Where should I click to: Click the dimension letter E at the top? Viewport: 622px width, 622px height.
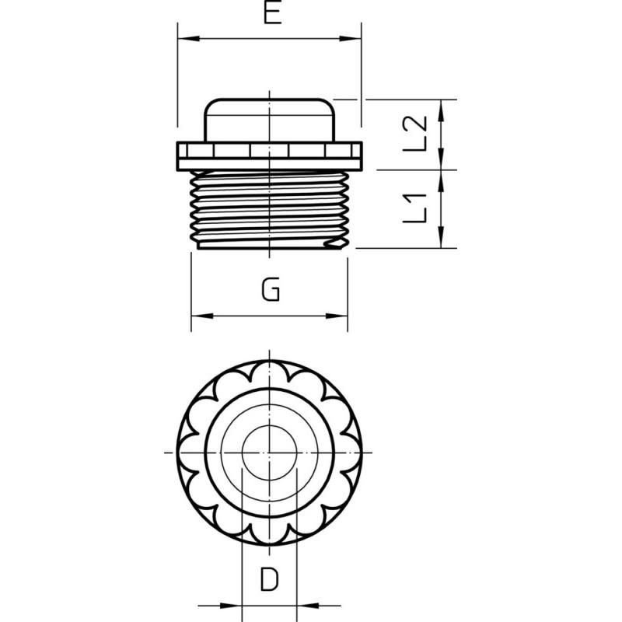coord(271,14)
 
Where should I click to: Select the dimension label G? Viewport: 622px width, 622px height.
coord(271,291)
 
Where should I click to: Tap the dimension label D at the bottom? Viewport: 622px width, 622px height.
coord(269,579)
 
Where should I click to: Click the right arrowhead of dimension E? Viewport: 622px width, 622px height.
coord(355,38)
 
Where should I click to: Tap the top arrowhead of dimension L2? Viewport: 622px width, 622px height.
coord(442,106)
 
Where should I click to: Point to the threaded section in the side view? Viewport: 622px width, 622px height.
coord(268,210)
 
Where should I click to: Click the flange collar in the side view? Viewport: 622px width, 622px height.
coord(270,154)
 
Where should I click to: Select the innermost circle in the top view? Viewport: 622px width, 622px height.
coord(269,452)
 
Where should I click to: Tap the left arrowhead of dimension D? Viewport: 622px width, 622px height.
coord(235,605)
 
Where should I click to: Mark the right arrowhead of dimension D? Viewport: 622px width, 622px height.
coord(304,605)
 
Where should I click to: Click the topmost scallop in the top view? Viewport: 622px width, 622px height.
coord(269,366)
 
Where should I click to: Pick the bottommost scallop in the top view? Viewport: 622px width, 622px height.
coord(269,537)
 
